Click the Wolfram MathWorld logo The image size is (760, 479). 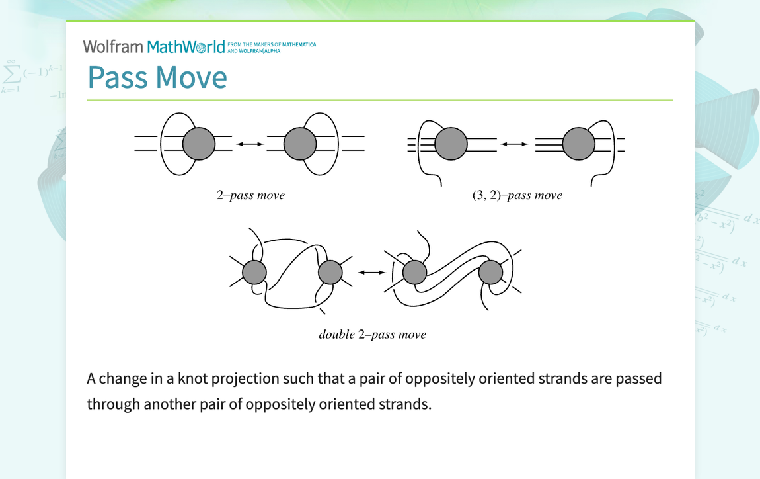(154, 47)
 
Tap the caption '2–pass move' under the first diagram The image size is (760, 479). (250, 195)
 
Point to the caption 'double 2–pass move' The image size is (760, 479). (372, 334)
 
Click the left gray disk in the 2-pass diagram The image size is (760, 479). (199, 144)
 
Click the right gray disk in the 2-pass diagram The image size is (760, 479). (301, 144)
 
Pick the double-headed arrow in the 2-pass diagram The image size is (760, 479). (250, 144)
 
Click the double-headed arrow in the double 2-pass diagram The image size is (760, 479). (371, 272)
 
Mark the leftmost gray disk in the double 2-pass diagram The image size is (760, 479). (254, 272)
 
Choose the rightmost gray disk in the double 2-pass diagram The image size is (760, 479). (491, 272)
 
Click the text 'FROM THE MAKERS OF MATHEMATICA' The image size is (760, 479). (272, 45)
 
